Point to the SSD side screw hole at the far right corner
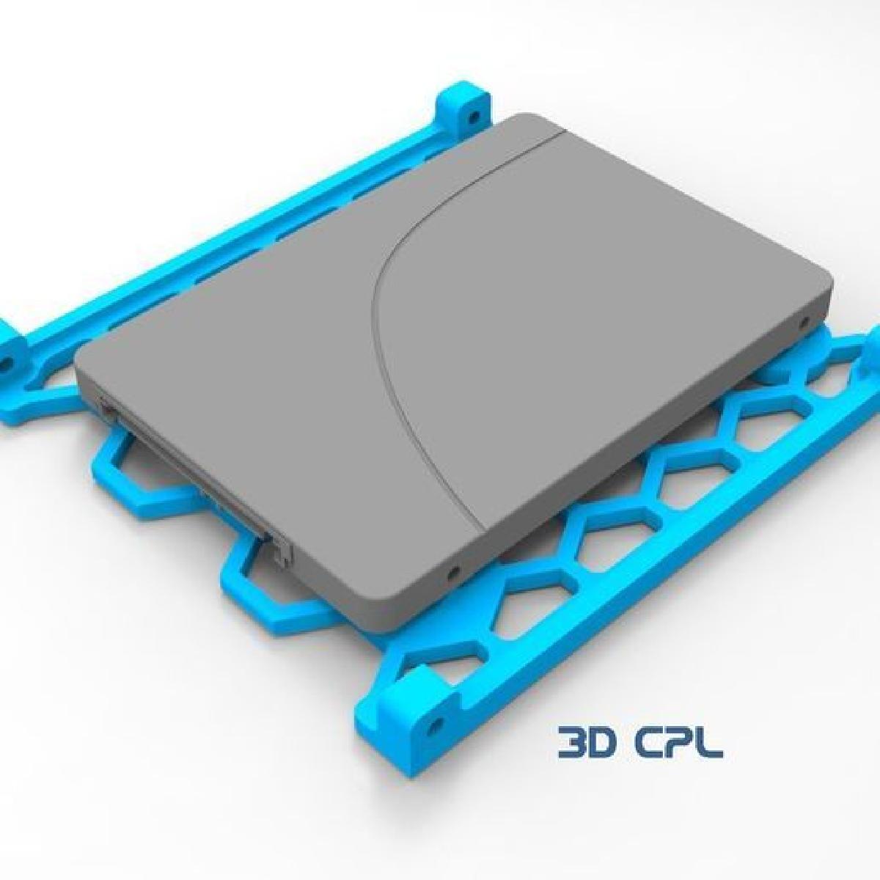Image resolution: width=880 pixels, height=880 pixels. (810, 321)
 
